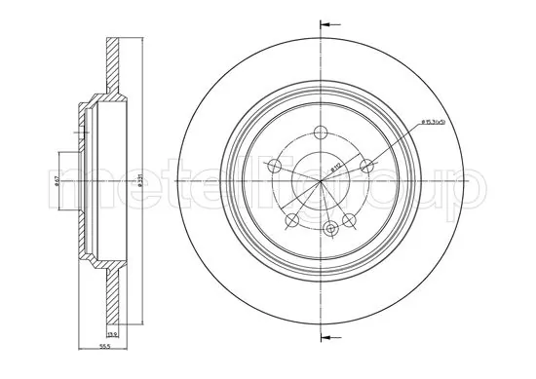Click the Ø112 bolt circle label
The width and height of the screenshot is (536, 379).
click(x=336, y=168)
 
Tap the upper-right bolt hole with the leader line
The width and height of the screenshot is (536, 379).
click(x=367, y=166)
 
